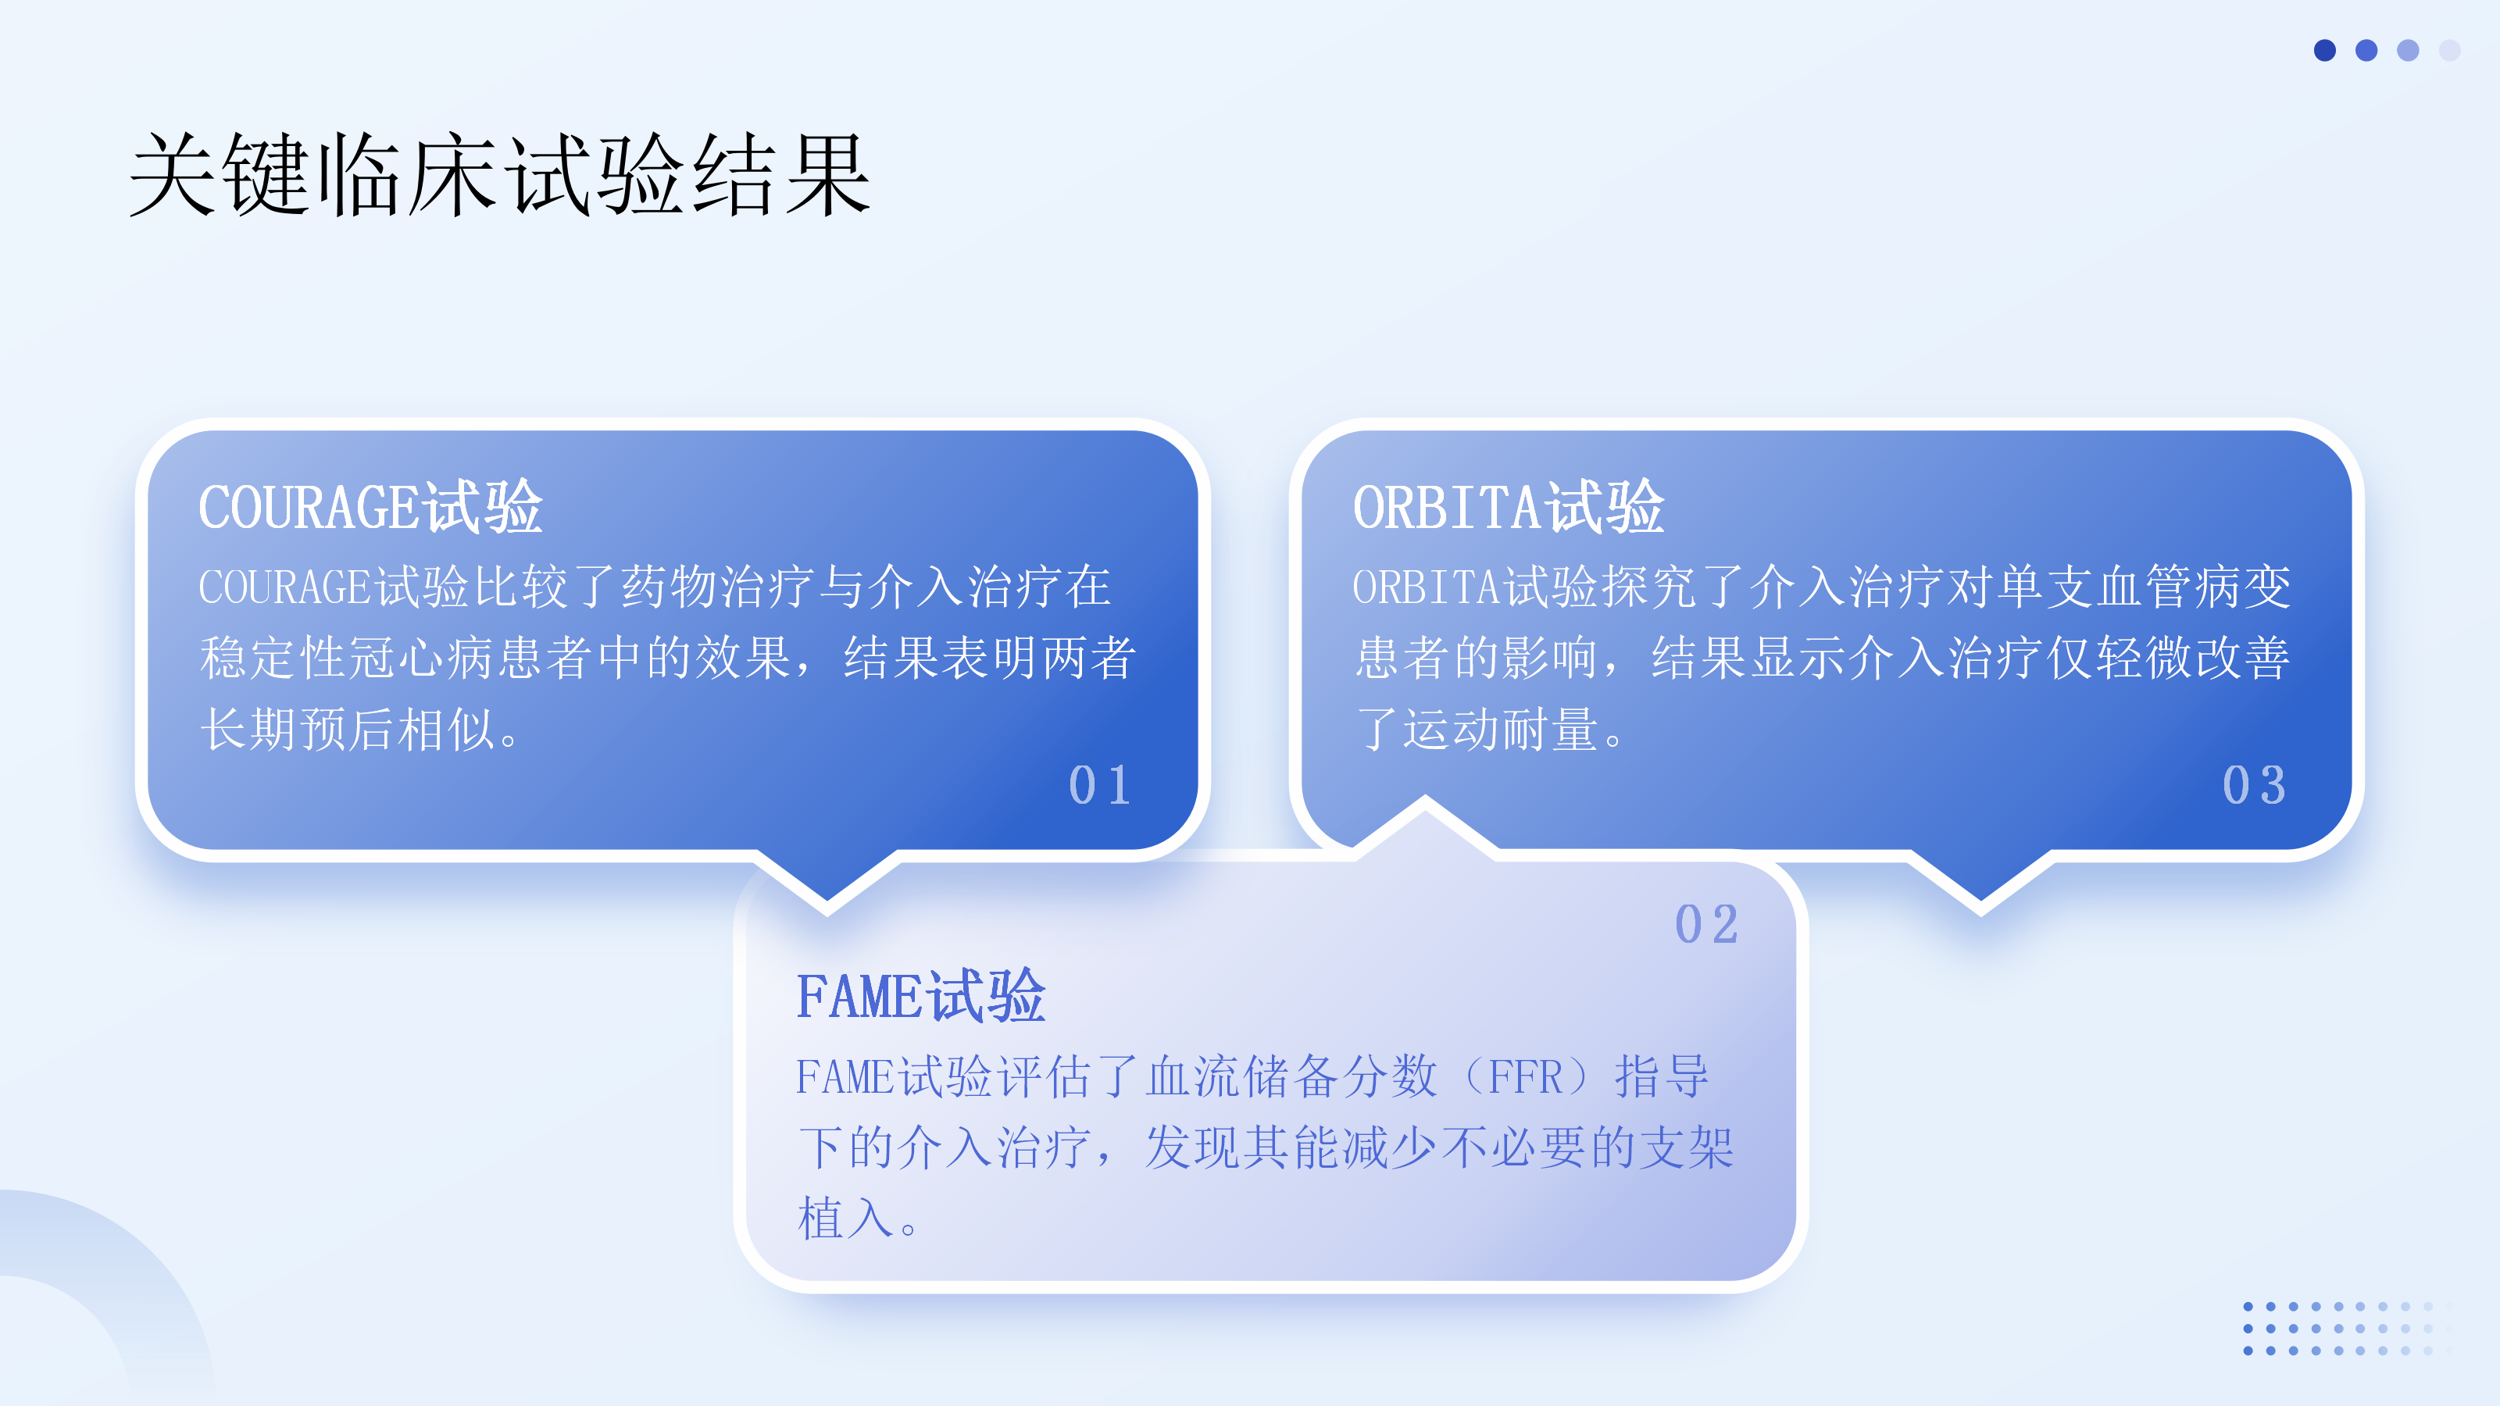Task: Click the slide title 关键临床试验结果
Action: point(500,175)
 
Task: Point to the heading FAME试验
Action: point(921,996)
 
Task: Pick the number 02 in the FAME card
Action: point(1707,924)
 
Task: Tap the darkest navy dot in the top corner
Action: point(2324,51)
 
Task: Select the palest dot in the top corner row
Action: point(2449,51)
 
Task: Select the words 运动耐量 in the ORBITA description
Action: point(1500,729)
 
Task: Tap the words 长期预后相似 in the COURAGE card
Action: point(348,729)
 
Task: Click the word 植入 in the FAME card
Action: point(845,1218)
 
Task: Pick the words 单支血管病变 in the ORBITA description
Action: point(2142,587)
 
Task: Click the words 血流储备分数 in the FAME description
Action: point(1291,1077)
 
